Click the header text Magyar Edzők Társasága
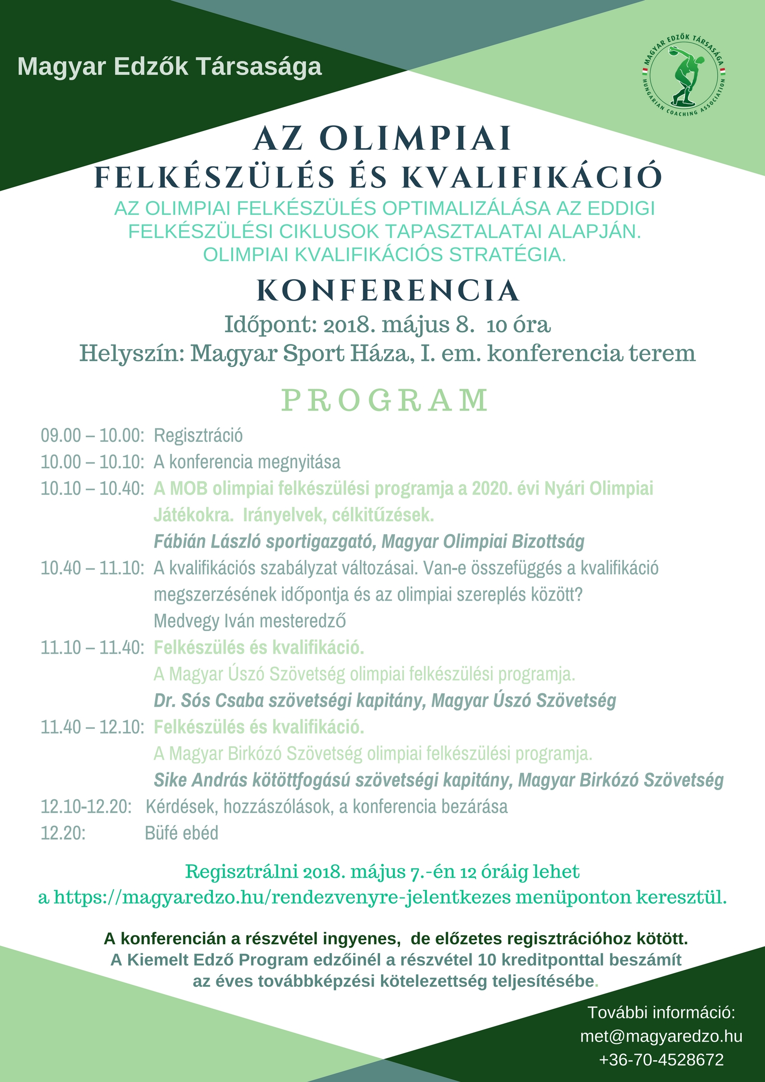click(x=170, y=66)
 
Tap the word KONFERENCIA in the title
click(x=388, y=290)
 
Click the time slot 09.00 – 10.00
click(x=92, y=435)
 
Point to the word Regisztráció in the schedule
click(x=198, y=435)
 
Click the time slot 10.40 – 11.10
click(x=92, y=568)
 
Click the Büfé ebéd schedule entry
click(x=181, y=833)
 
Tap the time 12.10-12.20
click(x=86, y=806)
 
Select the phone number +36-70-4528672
click(x=661, y=1060)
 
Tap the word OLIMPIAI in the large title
click(x=415, y=139)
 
